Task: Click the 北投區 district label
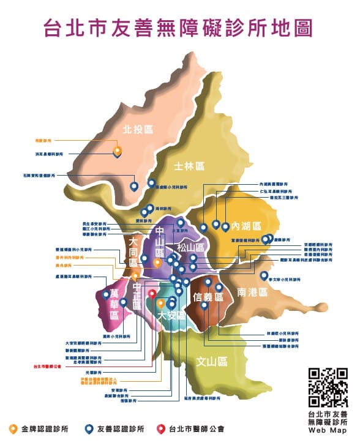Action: pyautogui.click(x=137, y=129)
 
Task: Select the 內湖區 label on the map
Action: pyautogui.click(x=246, y=226)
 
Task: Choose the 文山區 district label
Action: pyautogui.click(x=212, y=361)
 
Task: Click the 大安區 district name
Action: pyautogui.click(x=171, y=316)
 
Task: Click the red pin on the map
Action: pyautogui.click(x=152, y=294)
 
